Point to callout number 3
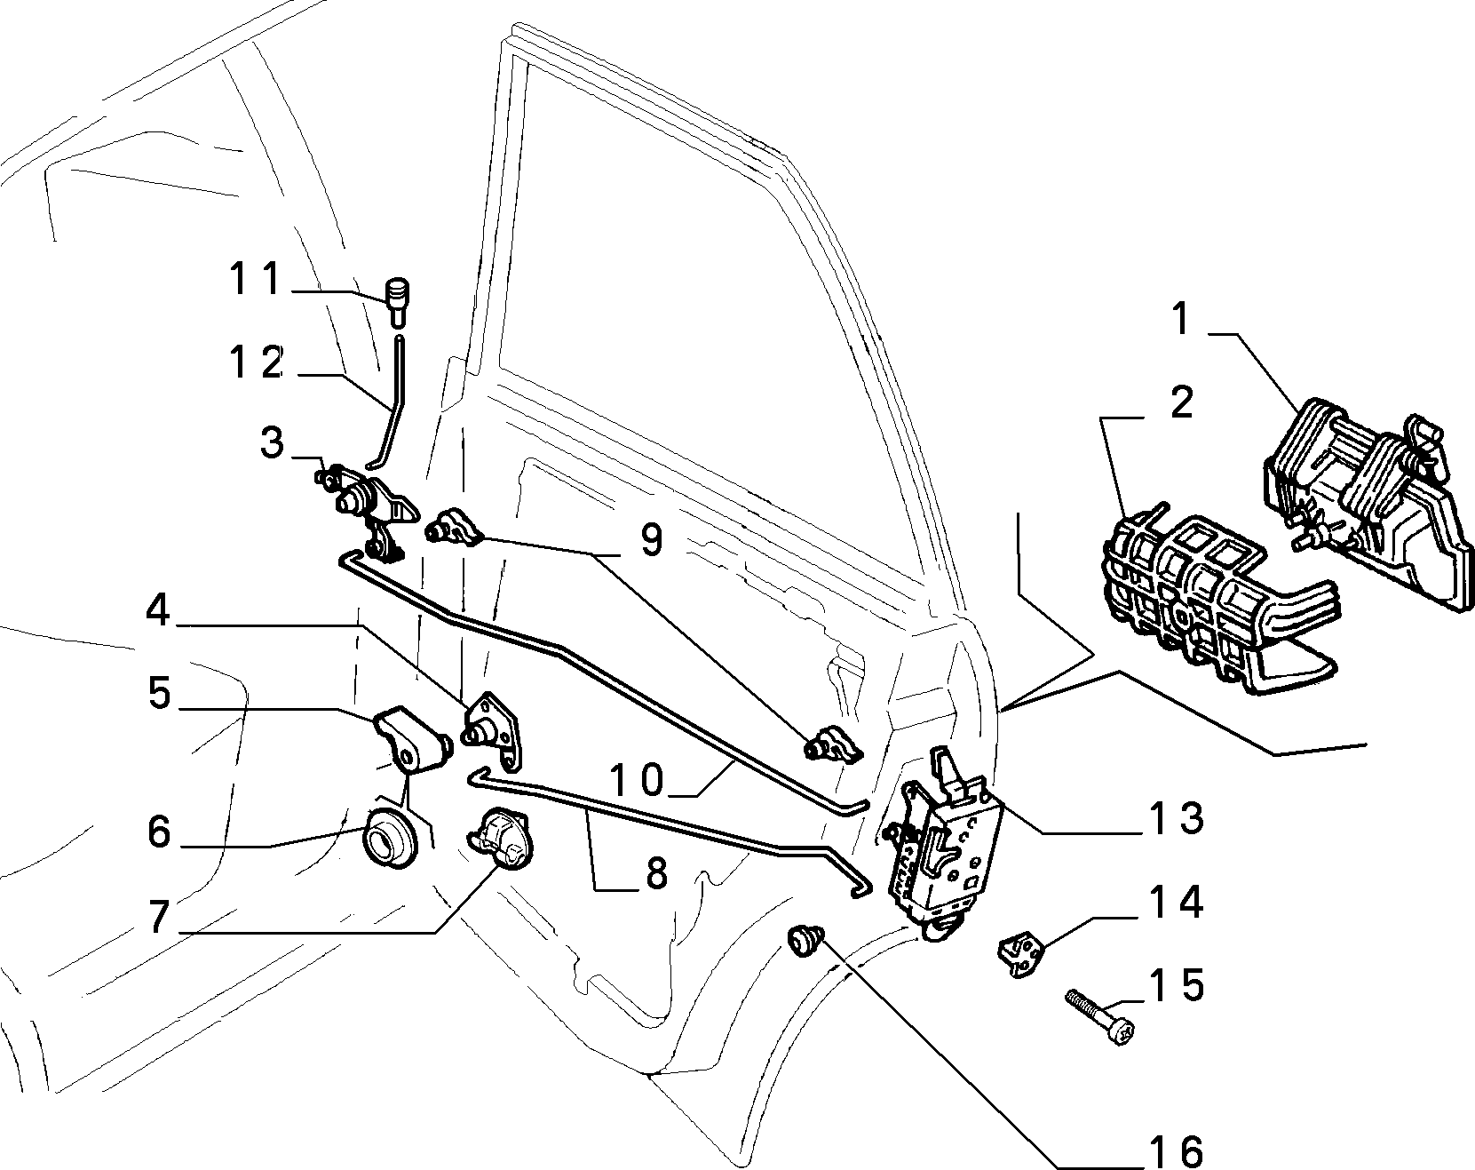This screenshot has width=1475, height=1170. click(274, 442)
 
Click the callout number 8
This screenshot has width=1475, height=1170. click(655, 873)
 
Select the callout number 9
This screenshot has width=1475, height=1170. click(652, 539)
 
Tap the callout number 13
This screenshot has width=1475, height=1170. click(1178, 817)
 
